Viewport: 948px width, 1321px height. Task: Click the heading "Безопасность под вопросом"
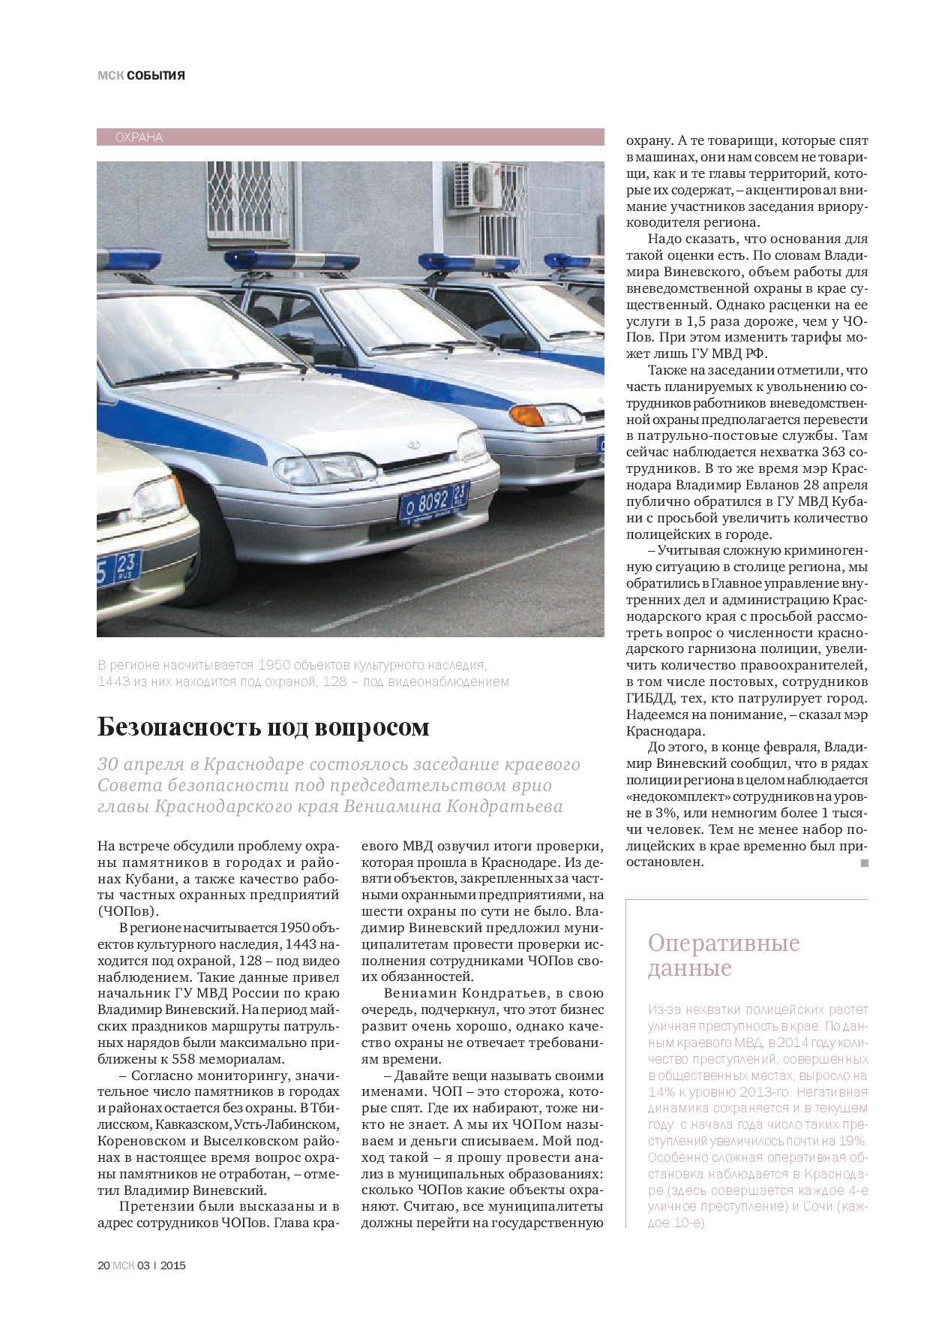click(263, 727)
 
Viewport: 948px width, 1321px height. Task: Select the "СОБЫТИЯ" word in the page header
click(155, 75)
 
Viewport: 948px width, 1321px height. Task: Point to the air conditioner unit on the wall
click(477, 184)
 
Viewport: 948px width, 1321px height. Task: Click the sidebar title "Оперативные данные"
click(723, 955)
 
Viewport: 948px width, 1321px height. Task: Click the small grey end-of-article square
click(863, 864)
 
